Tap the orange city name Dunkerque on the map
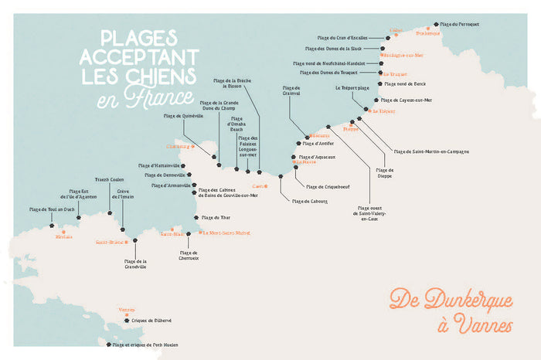pos(427,33)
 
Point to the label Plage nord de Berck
pos(407,83)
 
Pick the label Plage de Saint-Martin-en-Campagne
pos(430,151)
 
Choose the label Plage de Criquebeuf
pos(328,186)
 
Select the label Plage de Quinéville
pos(183,116)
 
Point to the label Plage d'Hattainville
pos(159,165)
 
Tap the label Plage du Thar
pos(216,218)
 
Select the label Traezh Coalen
pos(109,179)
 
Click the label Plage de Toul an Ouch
pos(53,209)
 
